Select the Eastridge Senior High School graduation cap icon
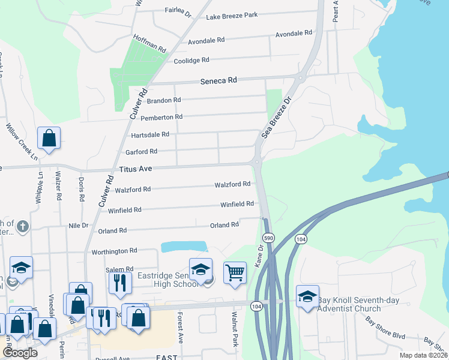pyautogui.click(x=200, y=269)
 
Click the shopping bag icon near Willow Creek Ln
pyautogui.click(x=49, y=138)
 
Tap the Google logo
pyautogui.click(x=20, y=353)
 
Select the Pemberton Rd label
pyautogui.click(x=161, y=117)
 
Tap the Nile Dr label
pyautogui.click(x=79, y=226)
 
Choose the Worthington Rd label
pyautogui.click(x=115, y=251)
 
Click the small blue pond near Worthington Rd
pyautogui.click(x=184, y=247)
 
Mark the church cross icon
pyautogui.click(x=23, y=227)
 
